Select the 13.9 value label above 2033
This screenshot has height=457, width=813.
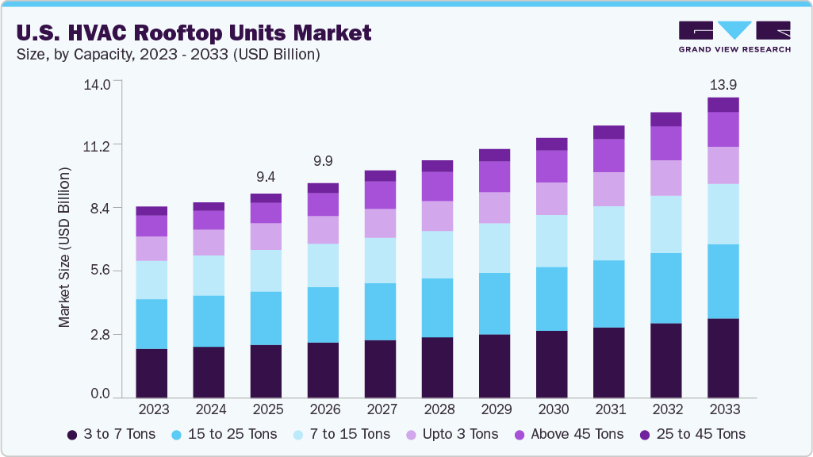[x=723, y=84]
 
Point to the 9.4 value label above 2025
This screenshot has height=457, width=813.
[x=266, y=176]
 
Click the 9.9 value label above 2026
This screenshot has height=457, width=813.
[x=323, y=161]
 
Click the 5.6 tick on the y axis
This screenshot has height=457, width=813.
[x=102, y=271]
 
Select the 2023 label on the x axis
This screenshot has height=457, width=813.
[x=152, y=409]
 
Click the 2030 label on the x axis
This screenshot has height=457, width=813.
[x=552, y=409]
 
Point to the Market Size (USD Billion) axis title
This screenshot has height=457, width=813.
[x=64, y=248]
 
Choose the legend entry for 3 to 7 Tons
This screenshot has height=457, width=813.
[x=111, y=434]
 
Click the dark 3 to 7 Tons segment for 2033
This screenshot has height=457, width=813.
[x=723, y=358]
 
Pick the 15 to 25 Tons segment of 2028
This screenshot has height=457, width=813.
[x=437, y=308]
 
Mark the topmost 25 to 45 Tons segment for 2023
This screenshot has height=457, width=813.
[x=151, y=211]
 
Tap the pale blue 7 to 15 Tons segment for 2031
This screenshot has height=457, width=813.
[x=608, y=233]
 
